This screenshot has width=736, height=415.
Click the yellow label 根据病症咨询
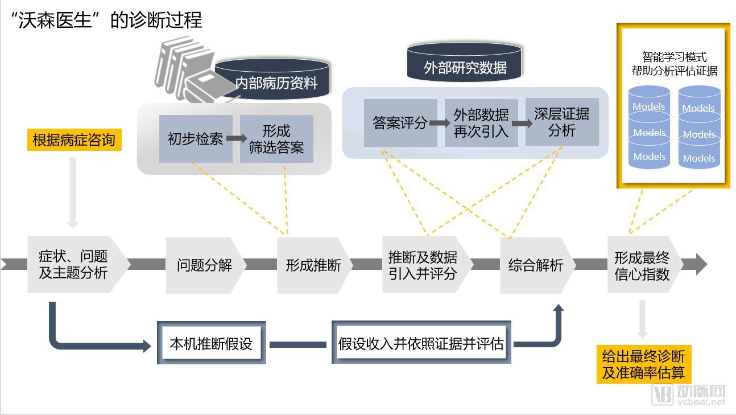click(74, 140)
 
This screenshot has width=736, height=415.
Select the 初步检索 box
click(196, 139)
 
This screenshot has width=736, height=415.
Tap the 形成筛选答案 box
click(276, 139)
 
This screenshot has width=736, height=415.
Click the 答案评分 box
click(400, 123)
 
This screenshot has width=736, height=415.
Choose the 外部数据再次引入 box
click(481, 123)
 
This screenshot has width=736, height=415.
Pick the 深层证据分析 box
click(562, 122)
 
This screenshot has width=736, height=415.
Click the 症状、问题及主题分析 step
click(74, 265)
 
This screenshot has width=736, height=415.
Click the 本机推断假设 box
click(211, 343)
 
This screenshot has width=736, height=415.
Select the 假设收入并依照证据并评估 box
click(421, 343)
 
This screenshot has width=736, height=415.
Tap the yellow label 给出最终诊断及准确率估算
click(643, 365)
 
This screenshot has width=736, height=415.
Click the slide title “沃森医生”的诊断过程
click(107, 20)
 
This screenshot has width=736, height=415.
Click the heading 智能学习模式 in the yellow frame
click(674, 57)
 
